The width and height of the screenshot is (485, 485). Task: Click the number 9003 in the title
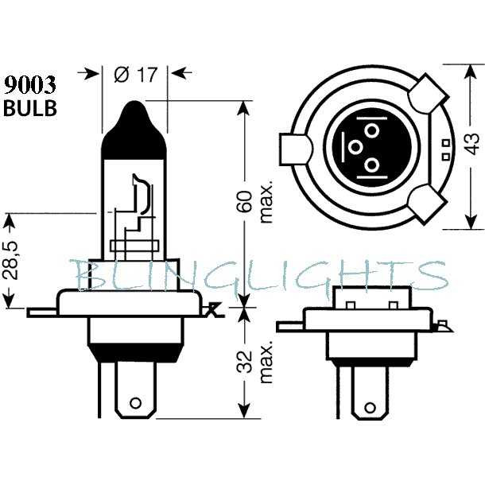pos(30,85)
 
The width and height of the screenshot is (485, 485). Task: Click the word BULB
pos(30,108)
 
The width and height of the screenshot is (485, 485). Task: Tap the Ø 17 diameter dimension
pos(135,75)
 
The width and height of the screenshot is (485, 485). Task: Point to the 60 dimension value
pos(244,202)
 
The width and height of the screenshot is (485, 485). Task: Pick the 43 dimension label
pos(471,144)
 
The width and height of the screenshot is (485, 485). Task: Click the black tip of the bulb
pos(134,130)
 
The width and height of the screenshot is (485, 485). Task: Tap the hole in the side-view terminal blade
pos(135,403)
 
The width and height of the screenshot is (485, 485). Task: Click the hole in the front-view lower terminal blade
pos(370,407)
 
